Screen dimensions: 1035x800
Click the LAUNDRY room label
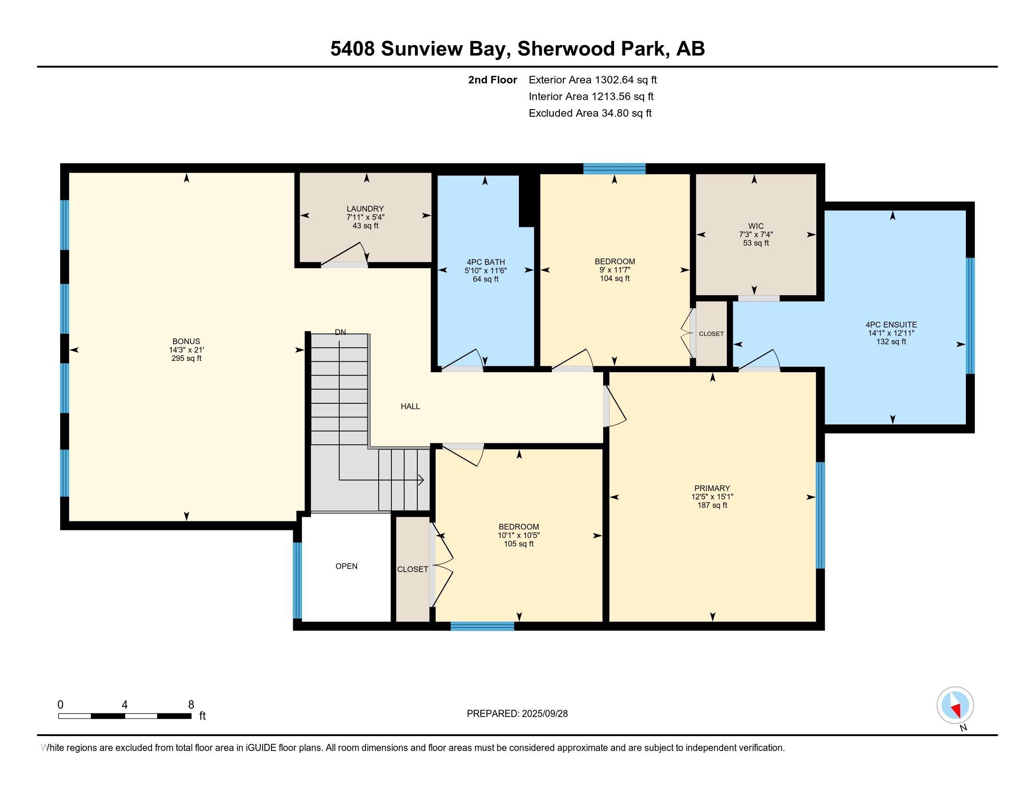click(365, 208)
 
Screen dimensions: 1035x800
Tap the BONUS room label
click(186, 341)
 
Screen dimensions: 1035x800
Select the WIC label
click(756, 226)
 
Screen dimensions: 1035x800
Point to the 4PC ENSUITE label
click(891, 325)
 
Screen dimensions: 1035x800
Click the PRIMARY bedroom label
click(712, 488)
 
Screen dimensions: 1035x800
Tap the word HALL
click(410, 406)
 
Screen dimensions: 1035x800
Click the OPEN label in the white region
click(346, 566)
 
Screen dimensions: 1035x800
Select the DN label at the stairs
click(340, 332)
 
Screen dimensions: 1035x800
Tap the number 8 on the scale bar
click(191, 705)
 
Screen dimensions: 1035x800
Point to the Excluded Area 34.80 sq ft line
click(590, 113)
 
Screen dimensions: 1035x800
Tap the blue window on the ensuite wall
click(970, 316)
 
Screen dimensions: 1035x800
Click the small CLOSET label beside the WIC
click(711, 334)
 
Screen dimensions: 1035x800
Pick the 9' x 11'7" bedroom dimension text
click(615, 270)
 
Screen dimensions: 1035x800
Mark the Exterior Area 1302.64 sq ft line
click(593, 80)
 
